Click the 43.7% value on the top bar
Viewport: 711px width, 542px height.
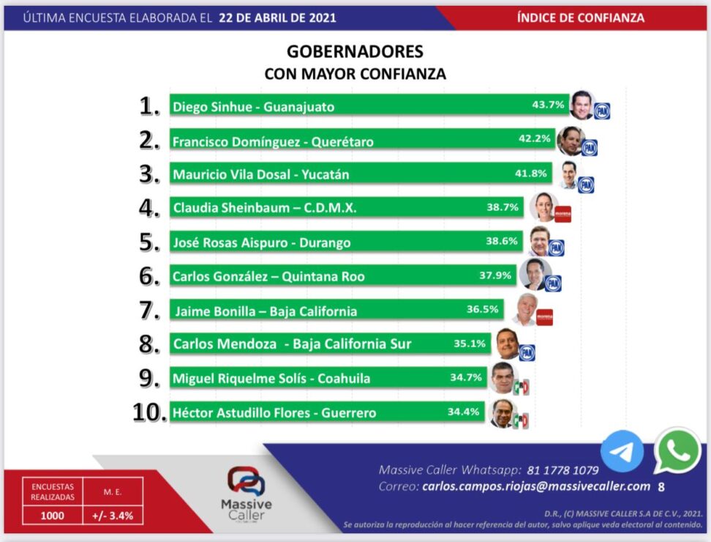pyautogui.click(x=548, y=105)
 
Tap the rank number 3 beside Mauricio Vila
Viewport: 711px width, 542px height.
pyautogui.click(x=149, y=174)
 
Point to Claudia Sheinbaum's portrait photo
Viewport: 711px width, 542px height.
pyautogui.click(x=543, y=207)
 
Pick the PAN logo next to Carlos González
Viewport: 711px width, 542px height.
pyautogui.click(x=553, y=283)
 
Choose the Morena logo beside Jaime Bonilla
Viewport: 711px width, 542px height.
pyautogui.click(x=544, y=317)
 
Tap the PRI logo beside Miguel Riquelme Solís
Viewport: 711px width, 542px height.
pyautogui.click(x=521, y=387)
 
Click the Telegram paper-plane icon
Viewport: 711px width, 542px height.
pyautogui.click(x=622, y=451)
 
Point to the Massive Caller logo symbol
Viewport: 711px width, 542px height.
pyautogui.click(x=246, y=481)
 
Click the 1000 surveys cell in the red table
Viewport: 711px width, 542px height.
pyautogui.click(x=52, y=515)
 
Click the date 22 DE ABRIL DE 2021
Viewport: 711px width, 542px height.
pyautogui.click(x=277, y=18)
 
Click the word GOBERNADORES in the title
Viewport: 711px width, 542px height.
pyautogui.click(x=355, y=51)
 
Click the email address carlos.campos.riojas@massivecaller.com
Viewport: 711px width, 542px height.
pyautogui.click(x=536, y=486)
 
